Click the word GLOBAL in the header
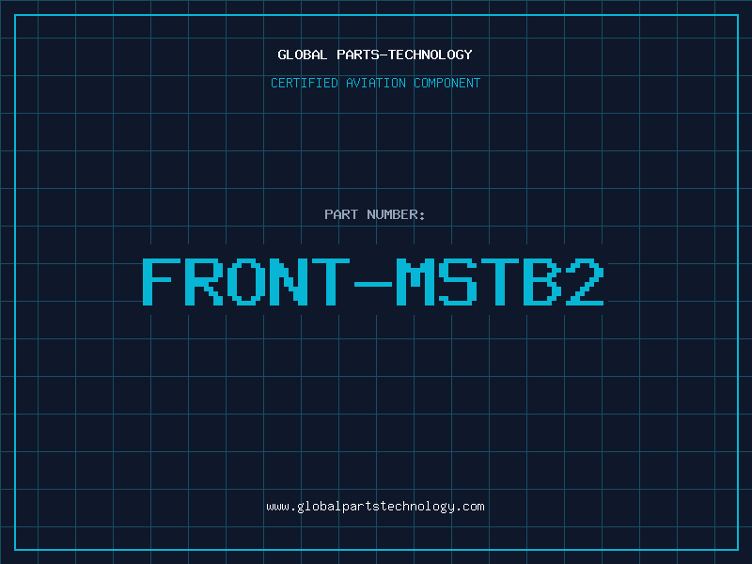(x=302, y=55)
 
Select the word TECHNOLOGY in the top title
(x=431, y=55)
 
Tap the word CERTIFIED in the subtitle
(x=305, y=83)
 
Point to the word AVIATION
(x=376, y=83)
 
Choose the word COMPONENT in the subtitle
(x=447, y=83)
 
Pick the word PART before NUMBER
(x=341, y=214)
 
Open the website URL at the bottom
(x=375, y=507)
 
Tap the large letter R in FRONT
(x=204, y=281)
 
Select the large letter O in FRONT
(x=246, y=281)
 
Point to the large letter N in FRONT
(x=289, y=281)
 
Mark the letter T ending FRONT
(x=331, y=281)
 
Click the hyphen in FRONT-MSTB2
(x=373, y=284)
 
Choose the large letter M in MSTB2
(x=415, y=281)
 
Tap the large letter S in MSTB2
(x=458, y=281)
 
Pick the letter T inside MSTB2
(x=500, y=281)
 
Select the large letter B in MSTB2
(x=542, y=281)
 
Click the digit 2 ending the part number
(x=585, y=281)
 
